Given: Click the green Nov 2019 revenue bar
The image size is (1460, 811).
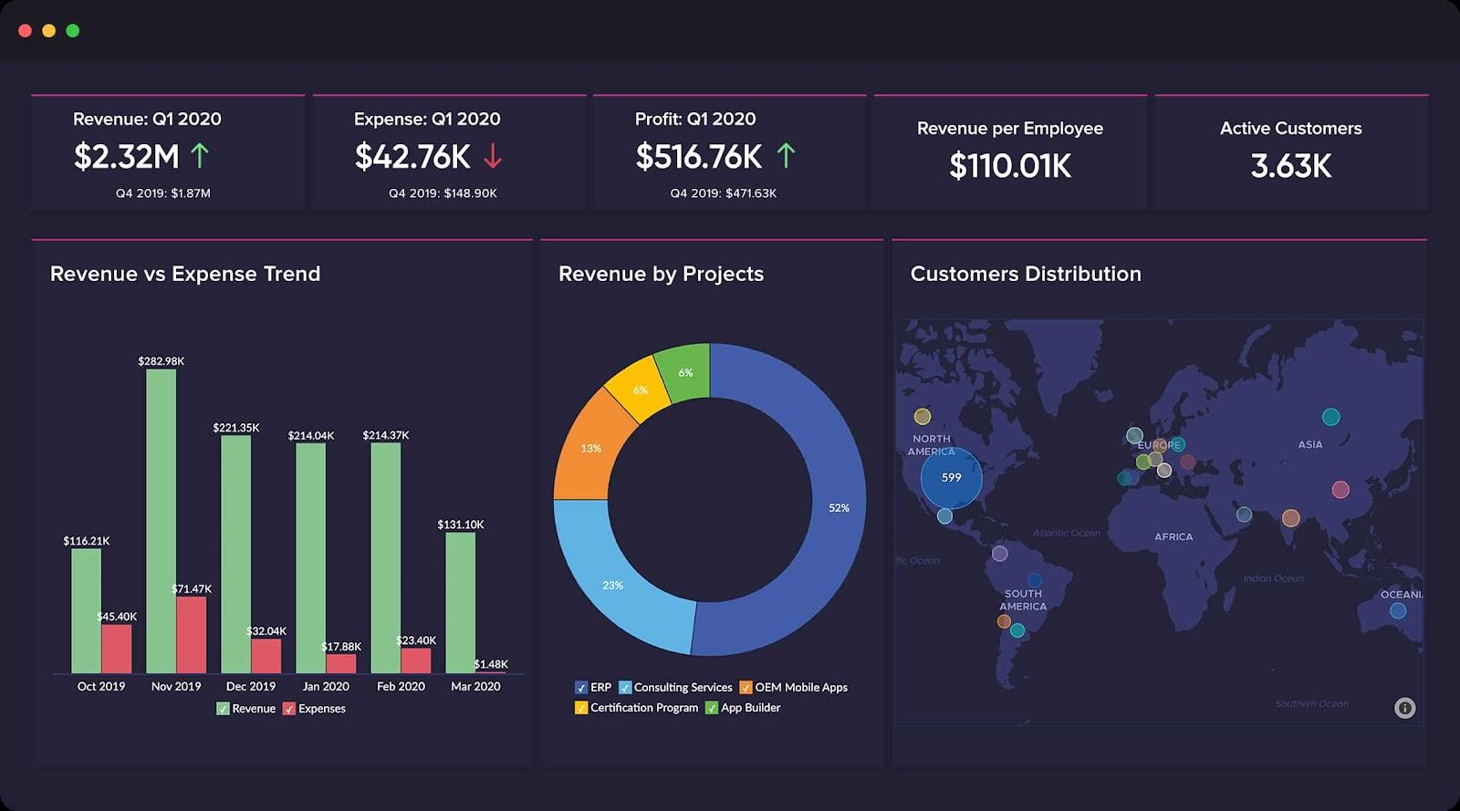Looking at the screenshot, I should pos(161,520).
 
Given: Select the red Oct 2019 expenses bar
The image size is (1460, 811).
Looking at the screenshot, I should pos(117,649).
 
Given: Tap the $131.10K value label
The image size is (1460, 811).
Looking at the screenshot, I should pos(461,525).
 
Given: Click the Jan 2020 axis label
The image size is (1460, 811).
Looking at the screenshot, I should pos(326,686).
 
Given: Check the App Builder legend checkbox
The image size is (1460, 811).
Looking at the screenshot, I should pos(712,708).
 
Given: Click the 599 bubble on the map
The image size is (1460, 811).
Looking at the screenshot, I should pos(951,477).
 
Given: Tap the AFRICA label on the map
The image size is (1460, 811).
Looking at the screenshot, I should pos(1173,536).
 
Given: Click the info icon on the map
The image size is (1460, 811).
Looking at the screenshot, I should pos(1404,708).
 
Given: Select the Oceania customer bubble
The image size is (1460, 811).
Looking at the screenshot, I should pos(1397,611).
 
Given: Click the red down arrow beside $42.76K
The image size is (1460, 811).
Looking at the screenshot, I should pos(493,157).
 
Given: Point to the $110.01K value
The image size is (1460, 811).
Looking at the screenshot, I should pos(1010,166).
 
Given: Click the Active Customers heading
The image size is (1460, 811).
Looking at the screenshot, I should pos(1290,129).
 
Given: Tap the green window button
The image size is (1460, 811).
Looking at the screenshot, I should pos(73,31).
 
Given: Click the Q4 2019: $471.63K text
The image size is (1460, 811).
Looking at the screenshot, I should pos(723,193).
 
